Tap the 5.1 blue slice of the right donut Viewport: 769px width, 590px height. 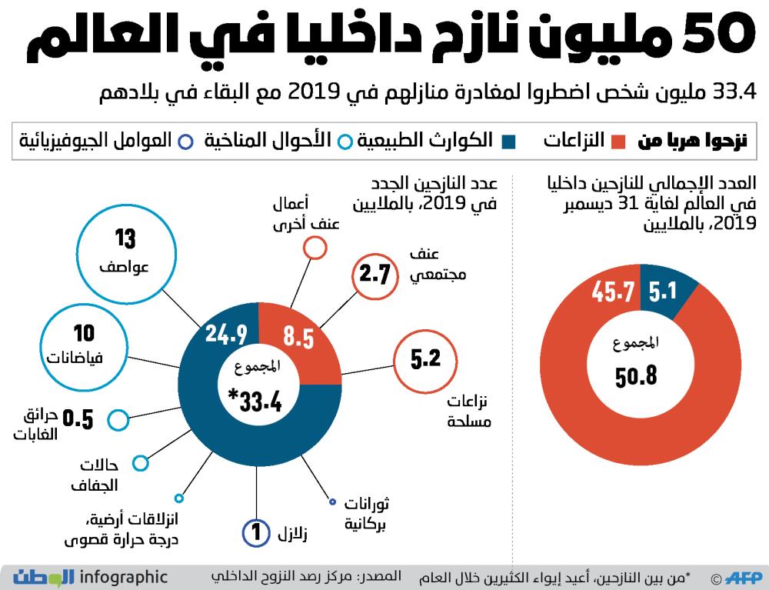click(x=663, y=292)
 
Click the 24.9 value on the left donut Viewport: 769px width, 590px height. click(x=226, y=335)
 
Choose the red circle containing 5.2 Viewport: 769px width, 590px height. click(x=424, y=361)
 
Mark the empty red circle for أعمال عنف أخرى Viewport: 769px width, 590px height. click(x=314, y=248)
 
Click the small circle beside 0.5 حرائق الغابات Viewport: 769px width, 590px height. click(x=118, y=420)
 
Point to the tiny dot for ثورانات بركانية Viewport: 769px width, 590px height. click(x=332, y=503)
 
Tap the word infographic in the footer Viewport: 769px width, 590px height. click(x=122, y=576)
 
